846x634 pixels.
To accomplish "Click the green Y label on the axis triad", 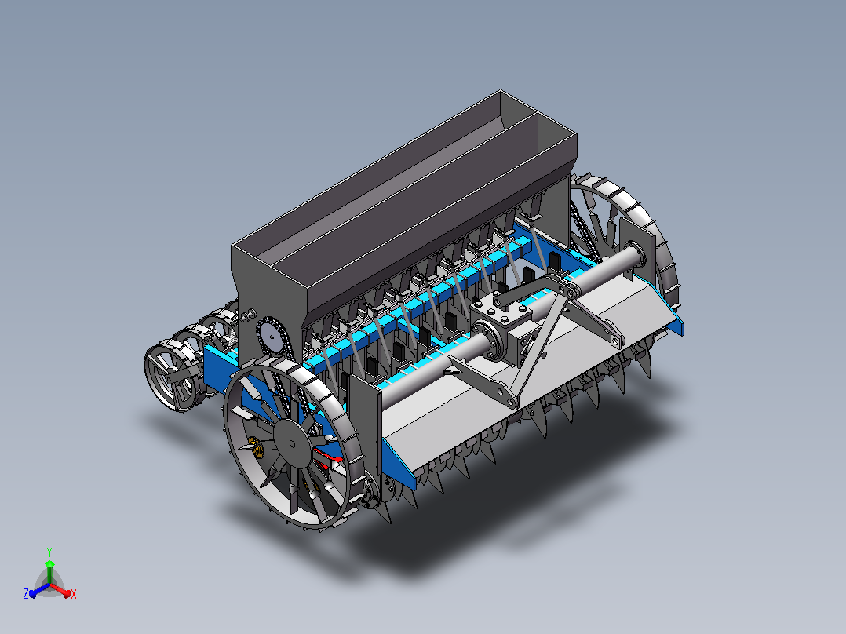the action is (49, 552).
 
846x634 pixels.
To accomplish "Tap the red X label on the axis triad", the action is (74, 594).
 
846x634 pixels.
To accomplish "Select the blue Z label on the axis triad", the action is (26, 593).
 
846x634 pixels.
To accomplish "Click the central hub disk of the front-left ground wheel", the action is (292, 443).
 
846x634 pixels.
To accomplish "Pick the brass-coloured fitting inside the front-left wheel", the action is (257, 447).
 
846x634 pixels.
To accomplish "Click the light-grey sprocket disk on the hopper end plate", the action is (272, 338).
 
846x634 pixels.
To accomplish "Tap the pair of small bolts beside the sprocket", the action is (248, 315).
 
